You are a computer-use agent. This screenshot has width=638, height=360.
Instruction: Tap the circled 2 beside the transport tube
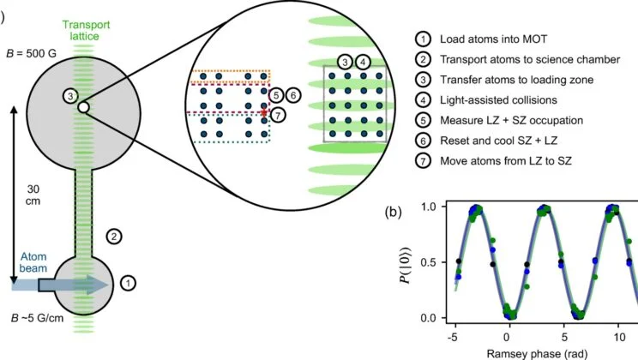(x=112, y=235)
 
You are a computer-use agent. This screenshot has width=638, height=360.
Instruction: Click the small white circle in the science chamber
(x=82, y=108)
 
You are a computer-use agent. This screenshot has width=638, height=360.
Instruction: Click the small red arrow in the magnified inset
(x=264, y=111)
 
